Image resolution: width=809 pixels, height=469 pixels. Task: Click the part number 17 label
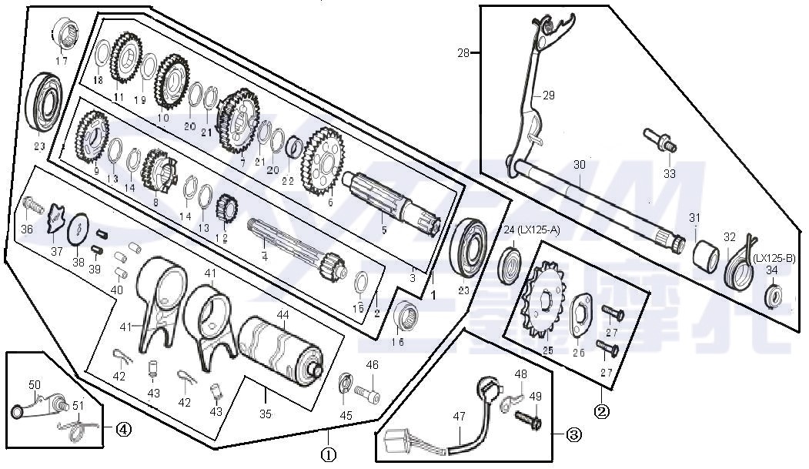pyautogui.click(x=61, y=61)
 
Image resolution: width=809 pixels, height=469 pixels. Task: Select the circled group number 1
pyautogui.click(x=328, y=454)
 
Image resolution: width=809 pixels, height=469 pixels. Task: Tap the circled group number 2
pyautogui.click(x=602, y=410)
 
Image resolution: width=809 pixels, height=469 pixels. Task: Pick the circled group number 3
pyautogui.click(x=573, y=434)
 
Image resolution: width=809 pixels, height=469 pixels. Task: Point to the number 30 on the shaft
pyautogui.click(x=579, y=165)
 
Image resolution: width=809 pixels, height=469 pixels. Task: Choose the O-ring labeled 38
pyautogui.click(x=79, y=229)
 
